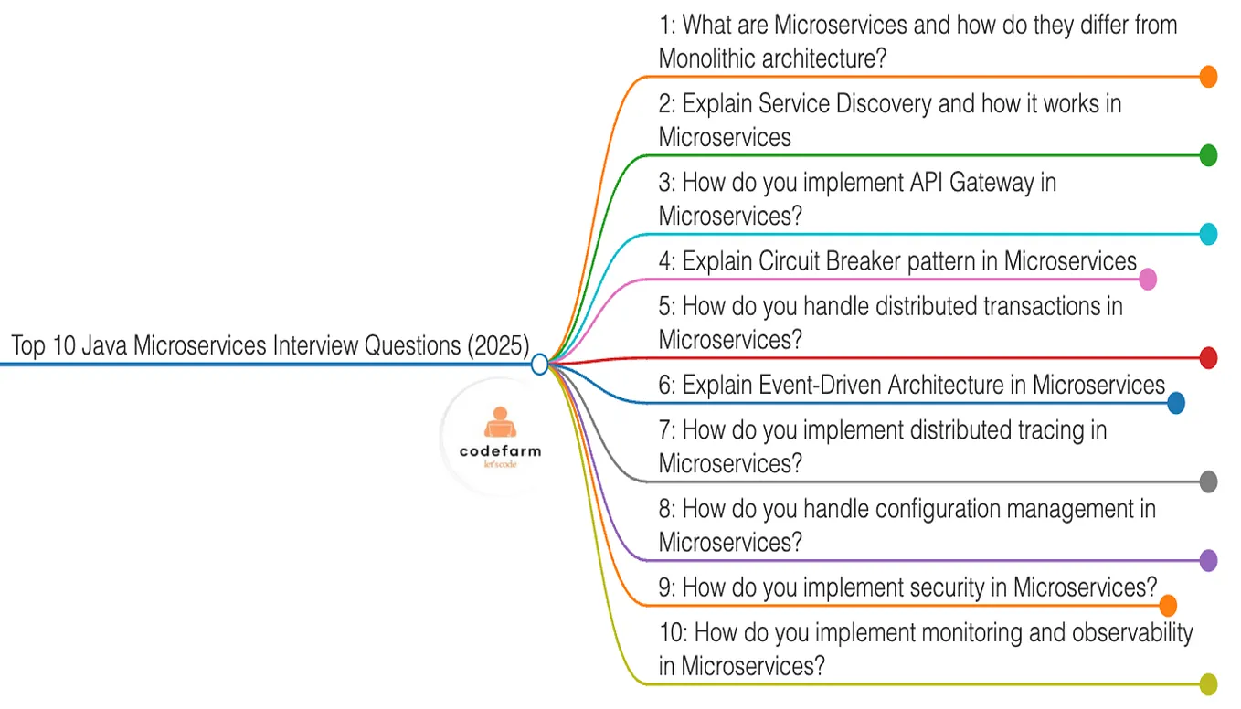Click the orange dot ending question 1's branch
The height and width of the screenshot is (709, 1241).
[x=1208, y=77]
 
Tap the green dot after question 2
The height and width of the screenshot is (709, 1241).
[x=1208, y=155]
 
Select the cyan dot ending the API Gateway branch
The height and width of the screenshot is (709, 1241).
[x=1208, y=234]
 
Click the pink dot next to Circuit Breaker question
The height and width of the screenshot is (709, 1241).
[x=1147, y=279]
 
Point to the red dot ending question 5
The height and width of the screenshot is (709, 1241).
[x=1208, y=358]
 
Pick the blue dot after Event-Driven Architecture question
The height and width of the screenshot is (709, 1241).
[x=1175, y=403]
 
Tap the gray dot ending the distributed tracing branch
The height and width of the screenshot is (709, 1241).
[x=1208, y=481]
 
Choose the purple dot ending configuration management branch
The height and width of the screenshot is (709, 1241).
[x=1208, y=560]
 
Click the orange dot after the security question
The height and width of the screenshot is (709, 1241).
[x=1167, y=605]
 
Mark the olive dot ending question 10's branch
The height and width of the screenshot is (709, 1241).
[x=1208, y=683]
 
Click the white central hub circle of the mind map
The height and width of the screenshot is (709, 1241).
[x=539, y=365]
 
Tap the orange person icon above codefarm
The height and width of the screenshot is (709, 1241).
[x=498, y=423]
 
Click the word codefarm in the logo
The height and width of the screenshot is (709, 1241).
[x=500, y=450]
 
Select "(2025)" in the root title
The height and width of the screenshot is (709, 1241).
[x=498, y=346]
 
